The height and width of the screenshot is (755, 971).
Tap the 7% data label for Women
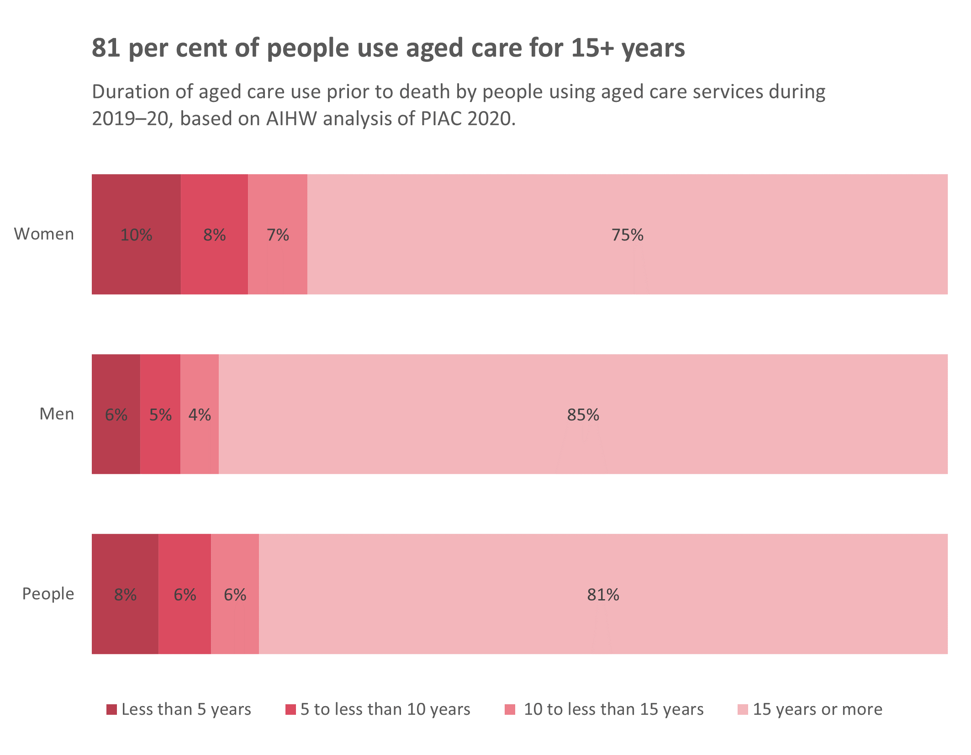click(x=278, y=235)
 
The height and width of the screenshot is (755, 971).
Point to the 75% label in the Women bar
click(x=628, y=235)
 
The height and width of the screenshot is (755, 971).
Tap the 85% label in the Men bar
click(x=583, y=415)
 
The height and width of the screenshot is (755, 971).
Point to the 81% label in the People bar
click(x=603, y=595)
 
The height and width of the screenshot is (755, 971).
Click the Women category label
click(x=44, y=234)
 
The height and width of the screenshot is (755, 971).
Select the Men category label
click(x=57, y=414)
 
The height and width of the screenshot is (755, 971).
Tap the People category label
click(x=48, y=594)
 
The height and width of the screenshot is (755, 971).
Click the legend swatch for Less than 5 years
click(x=111, y=709)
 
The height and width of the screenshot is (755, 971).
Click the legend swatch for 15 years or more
click(x=743, y=709)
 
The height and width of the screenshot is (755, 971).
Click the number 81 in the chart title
click(x=106, y=48)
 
